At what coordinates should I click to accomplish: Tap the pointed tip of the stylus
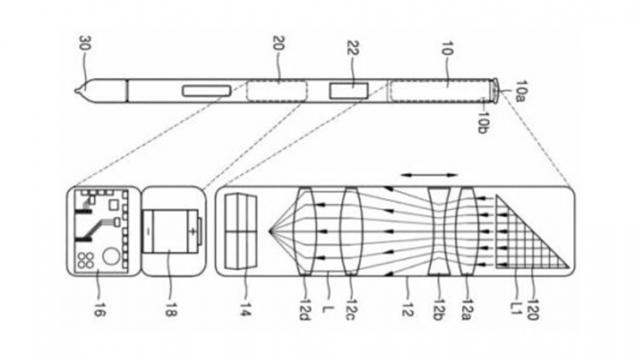(x=78, y=92)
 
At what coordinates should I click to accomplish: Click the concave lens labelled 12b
(x=441, y=232)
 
